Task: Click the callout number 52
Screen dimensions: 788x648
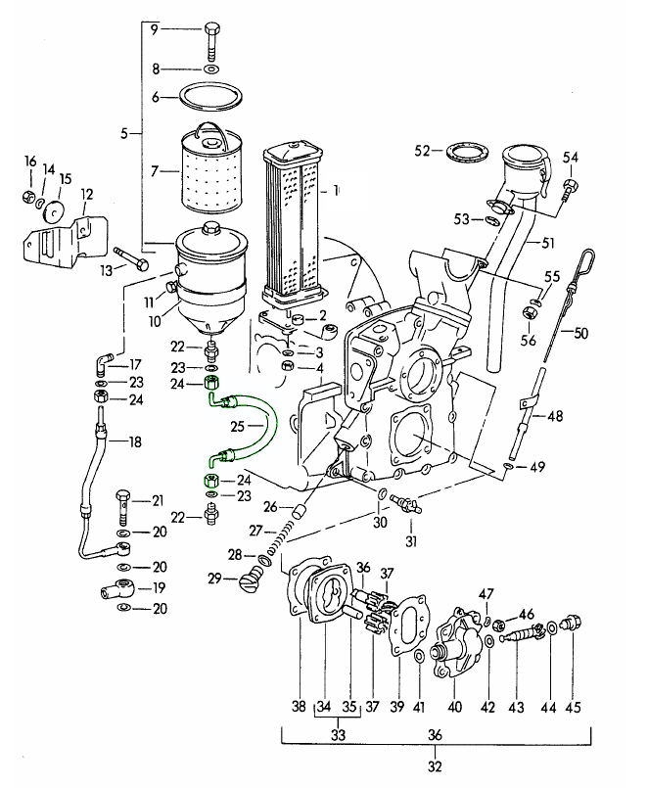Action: point(423,151)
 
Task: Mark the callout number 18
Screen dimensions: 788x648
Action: point(135,442)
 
